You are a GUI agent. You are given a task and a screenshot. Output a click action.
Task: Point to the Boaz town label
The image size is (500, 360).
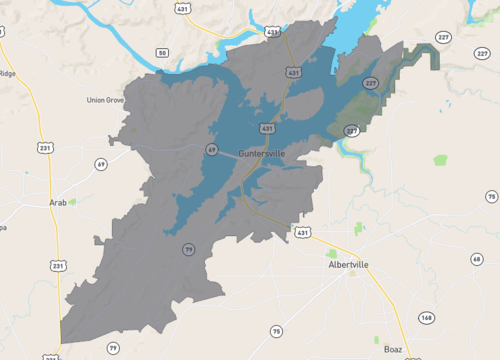[393, 349]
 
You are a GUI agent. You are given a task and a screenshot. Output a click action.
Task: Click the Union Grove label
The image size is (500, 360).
[104, 100]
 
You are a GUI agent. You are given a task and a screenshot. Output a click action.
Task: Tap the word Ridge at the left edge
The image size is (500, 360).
[7, 73]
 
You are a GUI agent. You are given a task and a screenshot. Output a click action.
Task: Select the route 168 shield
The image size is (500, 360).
[427, 318]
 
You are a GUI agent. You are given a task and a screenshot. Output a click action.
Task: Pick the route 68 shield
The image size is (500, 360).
[476, 259]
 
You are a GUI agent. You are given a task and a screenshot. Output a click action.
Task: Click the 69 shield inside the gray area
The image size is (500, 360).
[212, 150]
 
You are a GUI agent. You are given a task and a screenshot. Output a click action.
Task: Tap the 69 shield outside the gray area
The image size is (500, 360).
[100, 163]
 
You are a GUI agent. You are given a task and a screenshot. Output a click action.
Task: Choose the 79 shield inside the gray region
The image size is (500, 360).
[187, 249]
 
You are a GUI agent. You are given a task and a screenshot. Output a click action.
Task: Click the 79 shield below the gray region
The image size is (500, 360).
[113, 347]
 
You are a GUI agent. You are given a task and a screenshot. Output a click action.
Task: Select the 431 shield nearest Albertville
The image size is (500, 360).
[303, 232]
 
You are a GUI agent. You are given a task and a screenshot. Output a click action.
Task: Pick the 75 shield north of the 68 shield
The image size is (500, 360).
[490, 195]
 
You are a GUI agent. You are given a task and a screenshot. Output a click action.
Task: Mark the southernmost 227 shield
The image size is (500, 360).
[352, 131]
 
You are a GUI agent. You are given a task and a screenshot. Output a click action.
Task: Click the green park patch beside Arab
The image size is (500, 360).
[72, 201]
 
